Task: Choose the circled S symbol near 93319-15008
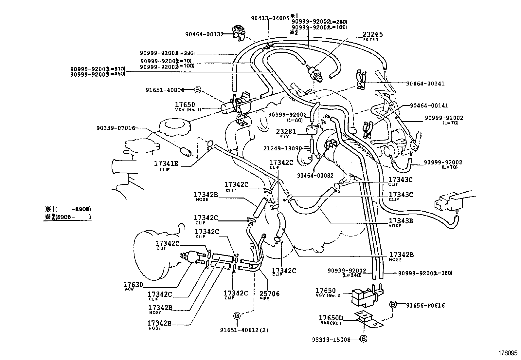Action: click(363, 339)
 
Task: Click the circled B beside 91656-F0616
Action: click(393, 305)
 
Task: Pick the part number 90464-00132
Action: click(204, 34)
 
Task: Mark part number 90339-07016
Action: click(116, 128)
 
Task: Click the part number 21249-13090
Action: click(282, 148)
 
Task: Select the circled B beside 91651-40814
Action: click(197, 89)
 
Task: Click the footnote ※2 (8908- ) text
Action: click(68, 217)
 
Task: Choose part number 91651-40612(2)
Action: click(244, 330)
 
